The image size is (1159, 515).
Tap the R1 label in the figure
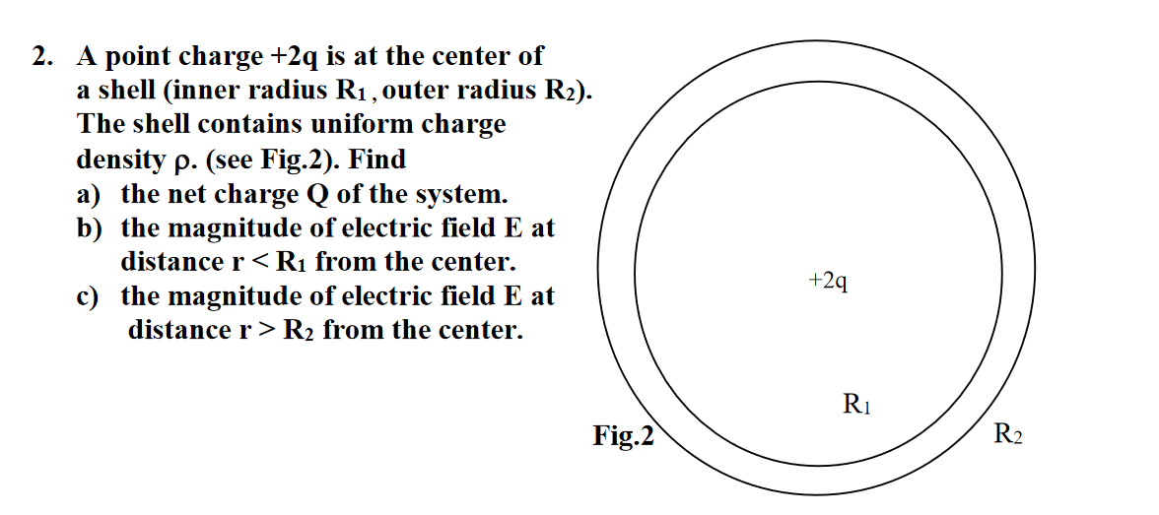point(857,404)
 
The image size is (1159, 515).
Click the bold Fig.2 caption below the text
point(623,434)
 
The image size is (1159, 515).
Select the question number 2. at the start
point(41,57)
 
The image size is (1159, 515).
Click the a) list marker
point(90,194)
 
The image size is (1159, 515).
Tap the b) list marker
point(90,228)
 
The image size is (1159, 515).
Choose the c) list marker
point(89,295)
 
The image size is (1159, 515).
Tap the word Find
point(379,159)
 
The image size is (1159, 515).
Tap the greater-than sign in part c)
point(266,329)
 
